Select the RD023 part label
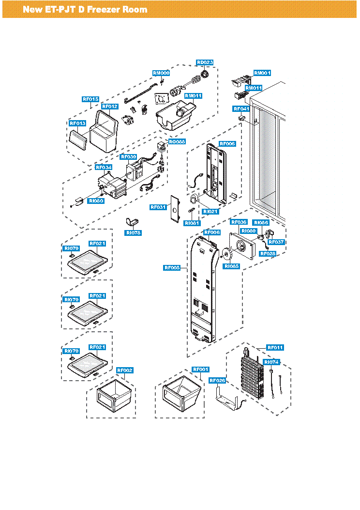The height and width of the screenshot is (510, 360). click(x=205, y=62)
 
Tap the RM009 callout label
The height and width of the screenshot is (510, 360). click(x=161, y=73)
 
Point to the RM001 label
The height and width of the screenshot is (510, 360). click(x=262, y=73)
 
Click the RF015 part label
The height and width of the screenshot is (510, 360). click(x=90, y=99)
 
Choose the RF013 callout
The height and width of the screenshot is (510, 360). click(x=77, y=123)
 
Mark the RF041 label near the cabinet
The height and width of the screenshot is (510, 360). click(x=241, y=108)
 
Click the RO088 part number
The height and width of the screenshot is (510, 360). click(x=176, y=142)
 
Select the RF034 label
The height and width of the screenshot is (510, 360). click(x=104, y=167)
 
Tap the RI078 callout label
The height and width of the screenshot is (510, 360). click(x=133, y=233)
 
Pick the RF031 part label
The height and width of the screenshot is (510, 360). click(x=158, y=207)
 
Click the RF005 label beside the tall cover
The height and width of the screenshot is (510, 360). click(x=172, y=267)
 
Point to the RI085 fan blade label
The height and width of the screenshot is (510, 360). click(x=231, y=266)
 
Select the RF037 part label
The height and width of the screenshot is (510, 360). click(x=276, y=242)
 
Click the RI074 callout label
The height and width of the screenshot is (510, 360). click(x=271, y=362)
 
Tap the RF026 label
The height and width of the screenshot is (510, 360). click(x=217, y=381)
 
